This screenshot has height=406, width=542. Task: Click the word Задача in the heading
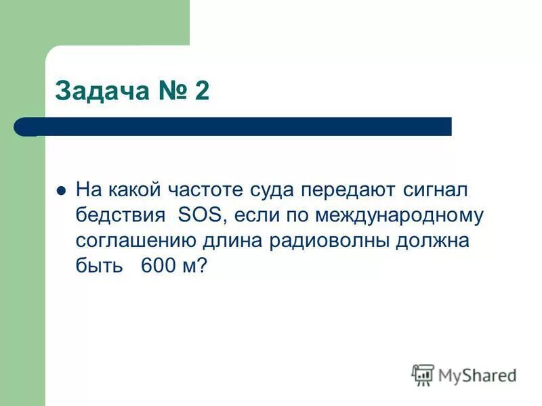pos(101,90)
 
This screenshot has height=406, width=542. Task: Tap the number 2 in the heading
pos(201,90)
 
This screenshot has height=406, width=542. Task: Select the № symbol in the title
pos(169,90)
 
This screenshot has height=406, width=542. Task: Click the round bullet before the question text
pos(61,191)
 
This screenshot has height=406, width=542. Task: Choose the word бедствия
pos(121,216)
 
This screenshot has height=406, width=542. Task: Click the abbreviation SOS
pos(196,216)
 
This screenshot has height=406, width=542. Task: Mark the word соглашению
pos(135,241)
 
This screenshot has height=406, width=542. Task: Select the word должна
pos(436,241)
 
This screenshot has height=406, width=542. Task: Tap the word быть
pos(99,266)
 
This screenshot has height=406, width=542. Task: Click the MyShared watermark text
pos(477,374)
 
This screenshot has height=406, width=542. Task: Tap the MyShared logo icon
pos(423,374)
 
